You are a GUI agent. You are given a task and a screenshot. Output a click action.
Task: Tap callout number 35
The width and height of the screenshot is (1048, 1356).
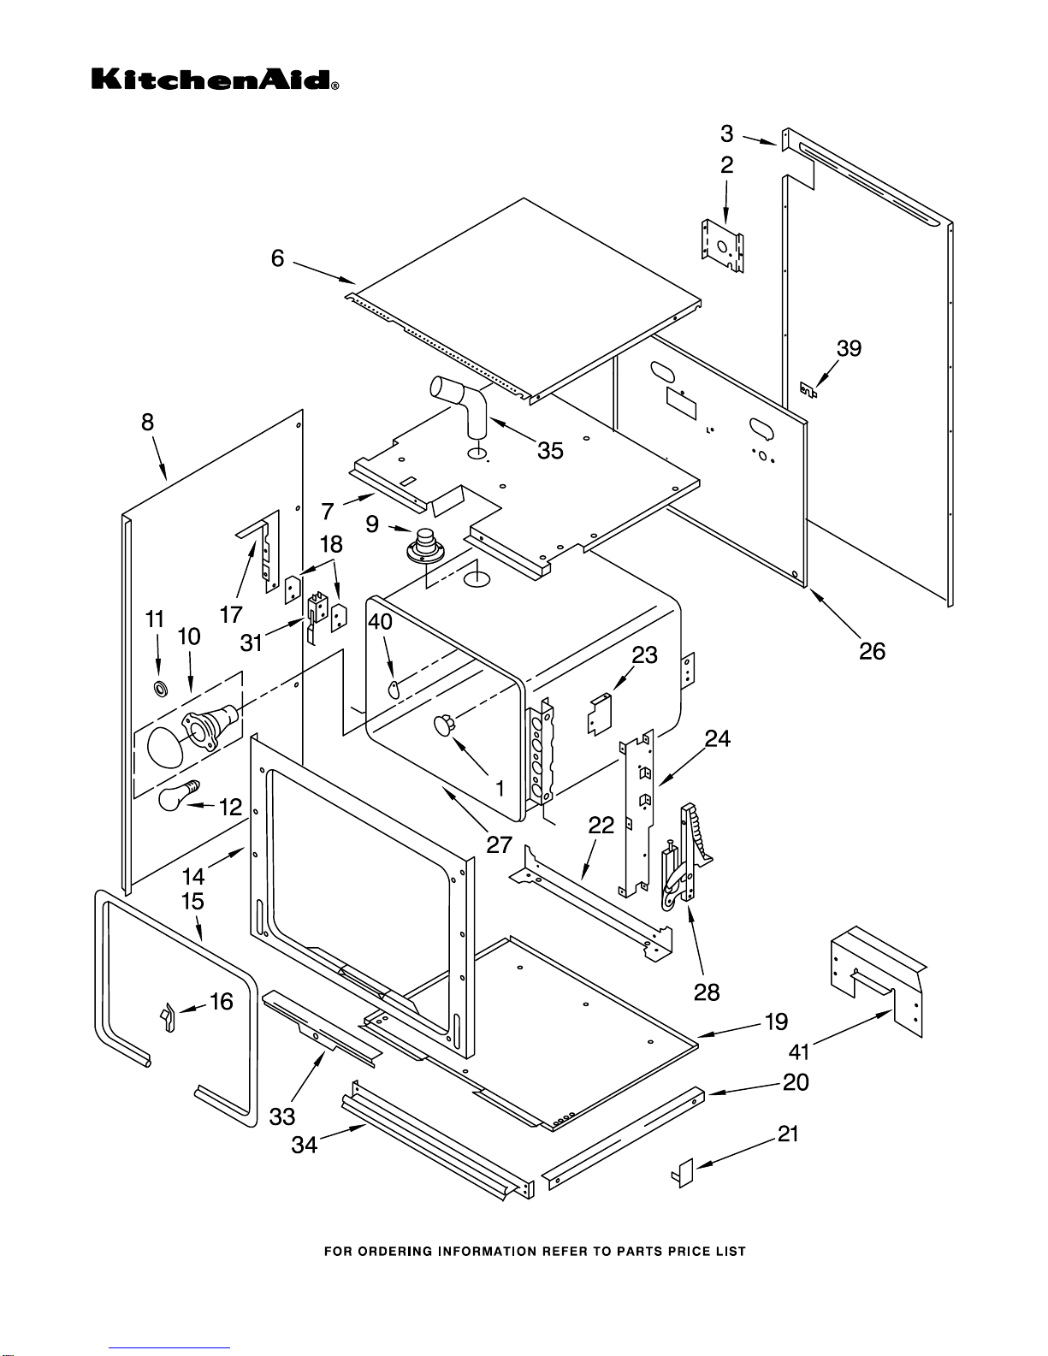[550, 451]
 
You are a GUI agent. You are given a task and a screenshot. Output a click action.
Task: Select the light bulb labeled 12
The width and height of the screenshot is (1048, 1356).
[175, 795]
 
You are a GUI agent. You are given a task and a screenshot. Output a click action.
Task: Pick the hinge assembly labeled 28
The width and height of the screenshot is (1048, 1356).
[686, 856]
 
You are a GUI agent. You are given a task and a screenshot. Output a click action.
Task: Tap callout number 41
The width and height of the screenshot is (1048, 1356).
[799, 1051]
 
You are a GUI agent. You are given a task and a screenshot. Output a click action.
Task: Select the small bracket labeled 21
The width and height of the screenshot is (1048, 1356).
[684, 1173]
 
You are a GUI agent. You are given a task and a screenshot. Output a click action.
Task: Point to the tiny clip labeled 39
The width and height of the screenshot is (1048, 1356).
[807, 391]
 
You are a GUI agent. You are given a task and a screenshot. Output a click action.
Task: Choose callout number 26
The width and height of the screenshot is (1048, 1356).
[872, 652]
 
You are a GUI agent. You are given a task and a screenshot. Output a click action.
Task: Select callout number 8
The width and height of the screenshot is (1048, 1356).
[148, 422]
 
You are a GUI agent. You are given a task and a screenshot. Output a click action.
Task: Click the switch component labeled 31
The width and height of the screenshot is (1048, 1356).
[317, 610]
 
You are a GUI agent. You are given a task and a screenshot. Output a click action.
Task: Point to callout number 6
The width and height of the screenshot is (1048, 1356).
[277, 258]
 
